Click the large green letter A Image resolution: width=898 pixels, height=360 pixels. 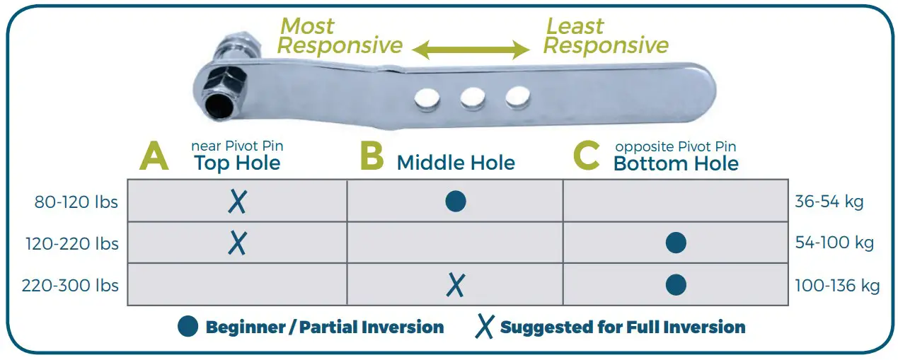coord(154,157)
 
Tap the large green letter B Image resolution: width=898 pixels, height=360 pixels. coord(372,157)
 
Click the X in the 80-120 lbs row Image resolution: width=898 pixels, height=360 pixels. coord(238,202)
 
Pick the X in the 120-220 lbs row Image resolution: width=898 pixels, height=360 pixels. coord(238,243)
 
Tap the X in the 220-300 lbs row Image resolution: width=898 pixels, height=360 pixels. coord(456,285)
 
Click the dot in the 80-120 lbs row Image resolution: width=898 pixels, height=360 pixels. coord(456,202)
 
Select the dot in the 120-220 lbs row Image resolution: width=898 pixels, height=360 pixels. coord(676,243)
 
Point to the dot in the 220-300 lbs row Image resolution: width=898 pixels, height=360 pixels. coord(676,285)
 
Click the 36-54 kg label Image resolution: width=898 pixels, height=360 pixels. coord(829,202)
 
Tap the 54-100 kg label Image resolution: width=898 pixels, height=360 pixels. coord(834,243)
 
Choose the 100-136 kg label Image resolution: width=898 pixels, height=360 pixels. coord(837,286)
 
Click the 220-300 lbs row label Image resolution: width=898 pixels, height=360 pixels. coord(70,286)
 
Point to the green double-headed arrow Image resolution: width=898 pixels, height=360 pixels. coord(471,50)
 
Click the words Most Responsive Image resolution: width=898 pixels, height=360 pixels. coord(340,36)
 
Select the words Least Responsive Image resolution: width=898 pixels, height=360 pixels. coord(606,36)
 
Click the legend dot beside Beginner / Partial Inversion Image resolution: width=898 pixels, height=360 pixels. coord(188,327)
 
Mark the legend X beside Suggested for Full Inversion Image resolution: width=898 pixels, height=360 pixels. coord(485,327)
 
